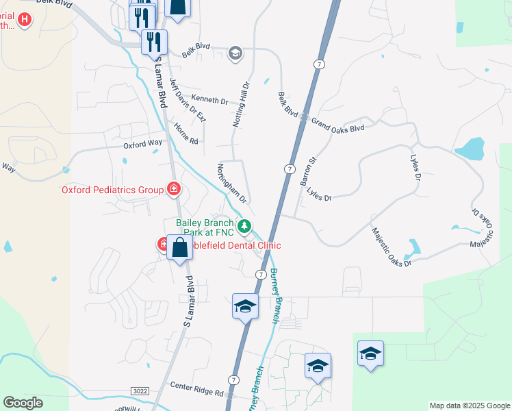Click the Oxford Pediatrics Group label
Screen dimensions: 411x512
click(112, 190)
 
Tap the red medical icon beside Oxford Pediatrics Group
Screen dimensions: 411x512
click(175, 189)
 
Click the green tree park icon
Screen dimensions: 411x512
click(244, 225)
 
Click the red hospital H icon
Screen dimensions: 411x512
click(25, 19)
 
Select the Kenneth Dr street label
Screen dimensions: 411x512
click(209, 101)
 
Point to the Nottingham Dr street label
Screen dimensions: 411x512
click(231, 183)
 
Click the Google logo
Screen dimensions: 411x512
click(23, 403)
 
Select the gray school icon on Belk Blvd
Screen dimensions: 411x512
click(235, 53)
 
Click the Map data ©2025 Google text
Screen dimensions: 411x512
click(470, 406)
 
